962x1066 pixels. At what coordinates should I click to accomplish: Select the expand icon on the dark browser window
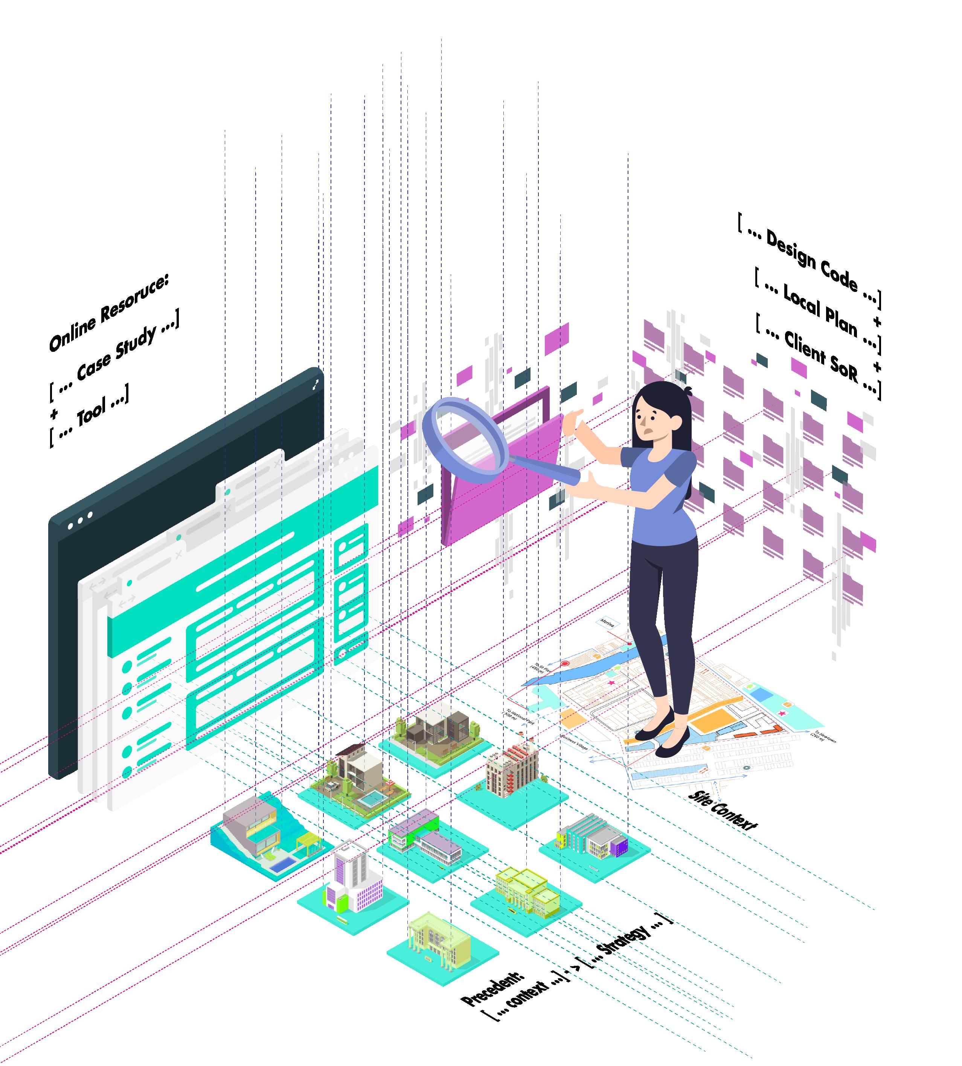(x=316, y=385)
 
